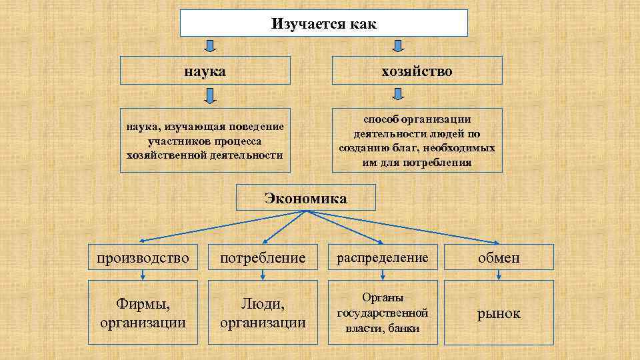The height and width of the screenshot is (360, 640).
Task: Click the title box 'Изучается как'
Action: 324,23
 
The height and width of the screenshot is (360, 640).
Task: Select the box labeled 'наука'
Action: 205,70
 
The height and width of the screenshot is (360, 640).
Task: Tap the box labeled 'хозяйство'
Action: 417,70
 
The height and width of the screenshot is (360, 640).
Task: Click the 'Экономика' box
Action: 306,198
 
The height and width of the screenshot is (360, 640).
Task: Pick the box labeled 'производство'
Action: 143,257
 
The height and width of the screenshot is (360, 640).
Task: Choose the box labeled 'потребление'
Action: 263,257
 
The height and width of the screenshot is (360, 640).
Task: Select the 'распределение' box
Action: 383,257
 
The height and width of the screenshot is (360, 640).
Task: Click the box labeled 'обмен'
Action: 499,257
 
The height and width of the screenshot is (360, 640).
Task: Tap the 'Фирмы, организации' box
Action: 143,312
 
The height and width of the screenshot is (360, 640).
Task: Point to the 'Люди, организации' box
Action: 263,312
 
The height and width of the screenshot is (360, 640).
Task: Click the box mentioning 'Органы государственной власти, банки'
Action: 383,312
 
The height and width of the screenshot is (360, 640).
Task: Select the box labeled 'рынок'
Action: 499,313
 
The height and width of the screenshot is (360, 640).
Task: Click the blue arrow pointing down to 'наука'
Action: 209,46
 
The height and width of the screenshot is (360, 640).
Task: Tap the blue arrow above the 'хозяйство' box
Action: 398,46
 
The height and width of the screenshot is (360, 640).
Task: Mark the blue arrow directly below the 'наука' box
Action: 209,97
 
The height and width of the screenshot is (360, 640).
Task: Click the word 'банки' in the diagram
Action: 403,328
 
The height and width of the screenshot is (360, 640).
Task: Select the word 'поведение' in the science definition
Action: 256,127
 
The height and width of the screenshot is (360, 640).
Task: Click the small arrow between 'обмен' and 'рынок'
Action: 499,274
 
